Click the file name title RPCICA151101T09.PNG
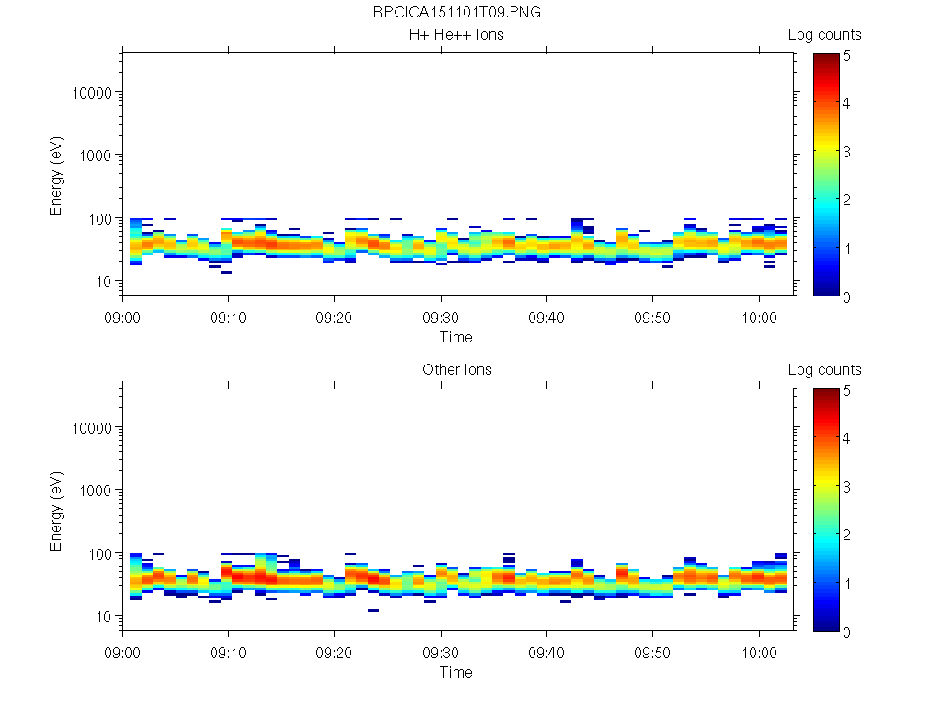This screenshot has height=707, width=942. [456, 13]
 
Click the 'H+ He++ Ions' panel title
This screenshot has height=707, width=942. [456, 35]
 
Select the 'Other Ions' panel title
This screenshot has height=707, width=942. [456, 370]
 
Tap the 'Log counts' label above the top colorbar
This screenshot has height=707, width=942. [824, 35]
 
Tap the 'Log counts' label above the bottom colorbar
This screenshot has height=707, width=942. [824, 370]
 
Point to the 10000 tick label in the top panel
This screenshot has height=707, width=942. [92, 93]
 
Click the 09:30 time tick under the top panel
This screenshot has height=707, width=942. [441, 316]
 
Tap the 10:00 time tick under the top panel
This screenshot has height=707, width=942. [758, 316]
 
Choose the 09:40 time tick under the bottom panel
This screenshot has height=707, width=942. [546, 651]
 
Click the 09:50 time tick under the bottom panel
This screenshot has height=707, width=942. [652, 651]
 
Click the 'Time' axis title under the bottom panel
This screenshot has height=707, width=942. [456, 672]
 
